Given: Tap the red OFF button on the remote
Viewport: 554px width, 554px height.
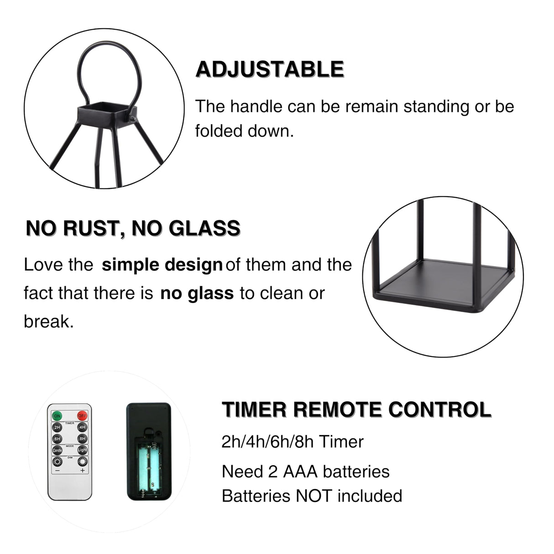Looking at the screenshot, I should (x=82, y=416).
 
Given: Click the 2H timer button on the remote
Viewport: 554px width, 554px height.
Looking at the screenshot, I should (x=57, y=428).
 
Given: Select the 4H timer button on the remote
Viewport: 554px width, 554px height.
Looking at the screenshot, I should (x=82, y=428).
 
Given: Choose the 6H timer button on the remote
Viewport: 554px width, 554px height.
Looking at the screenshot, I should (x=57, y=439).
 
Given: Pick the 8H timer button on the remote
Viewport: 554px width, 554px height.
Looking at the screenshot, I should (x=82, y=439).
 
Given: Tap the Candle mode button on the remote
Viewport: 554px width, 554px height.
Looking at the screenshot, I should (x=57, y=450).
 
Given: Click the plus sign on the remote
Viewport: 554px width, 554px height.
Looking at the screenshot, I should (x=82, y=470).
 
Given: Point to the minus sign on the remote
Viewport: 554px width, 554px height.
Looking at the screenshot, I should (x=57, y=470).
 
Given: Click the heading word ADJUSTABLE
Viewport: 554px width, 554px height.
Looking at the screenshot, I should (x=270, y=69).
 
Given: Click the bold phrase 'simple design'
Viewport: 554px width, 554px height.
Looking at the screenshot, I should (x=162, y=265).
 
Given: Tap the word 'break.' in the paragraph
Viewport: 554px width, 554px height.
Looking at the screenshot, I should (x=48, y=322).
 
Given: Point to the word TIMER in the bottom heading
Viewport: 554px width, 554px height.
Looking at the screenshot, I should (x=254, y=409).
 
